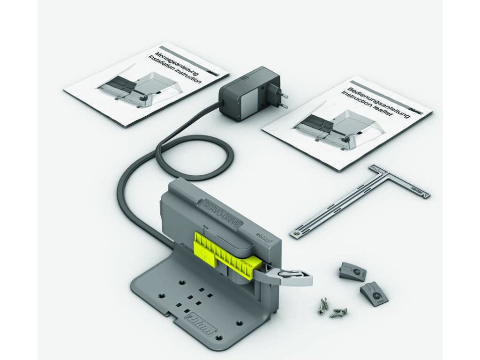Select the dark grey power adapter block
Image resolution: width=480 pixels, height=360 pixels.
(x=248, y=94)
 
